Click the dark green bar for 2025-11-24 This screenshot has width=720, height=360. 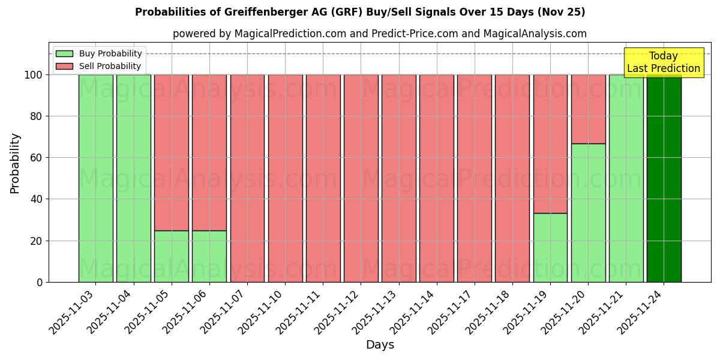coord(664,178)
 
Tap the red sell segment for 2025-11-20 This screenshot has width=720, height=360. coord(588,109)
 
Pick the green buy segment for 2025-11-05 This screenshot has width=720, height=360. coord(172,256)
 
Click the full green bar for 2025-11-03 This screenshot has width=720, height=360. coord(96,178)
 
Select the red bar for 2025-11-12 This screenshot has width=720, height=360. coord(361,178)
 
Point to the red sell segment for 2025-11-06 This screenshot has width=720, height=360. coord(209,152)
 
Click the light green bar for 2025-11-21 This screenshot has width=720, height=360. coord(626,178)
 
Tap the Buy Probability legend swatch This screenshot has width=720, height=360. coord(64,54)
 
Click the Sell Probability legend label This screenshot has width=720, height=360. coord(110,67)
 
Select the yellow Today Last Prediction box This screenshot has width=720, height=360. coord(663,62)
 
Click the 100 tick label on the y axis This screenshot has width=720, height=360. coord(34,75)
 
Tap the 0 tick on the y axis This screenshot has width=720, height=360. coord(40,282)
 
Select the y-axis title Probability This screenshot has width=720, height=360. coord(15,163)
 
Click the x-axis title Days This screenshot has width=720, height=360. coord(379,345)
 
